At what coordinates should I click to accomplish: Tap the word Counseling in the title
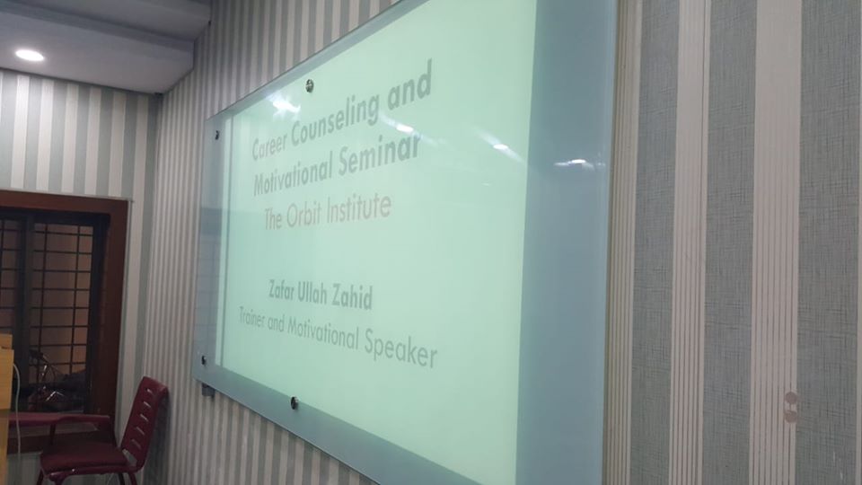(335, 117)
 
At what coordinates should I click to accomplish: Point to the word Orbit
(304, 215)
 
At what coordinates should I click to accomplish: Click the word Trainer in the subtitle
(251, 318)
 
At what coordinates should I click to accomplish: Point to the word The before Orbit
(273, 219)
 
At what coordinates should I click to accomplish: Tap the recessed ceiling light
(30, 55)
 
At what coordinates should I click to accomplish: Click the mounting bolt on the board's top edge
(310, 84)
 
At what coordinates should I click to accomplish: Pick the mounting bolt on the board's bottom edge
(295, 403)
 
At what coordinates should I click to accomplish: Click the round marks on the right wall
(790, 407)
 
